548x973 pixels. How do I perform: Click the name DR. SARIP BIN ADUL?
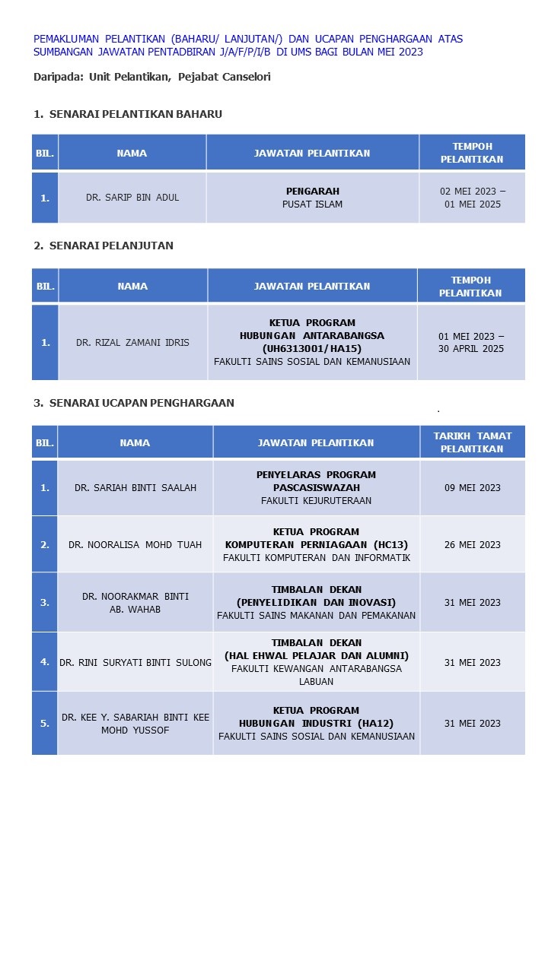[132, 198]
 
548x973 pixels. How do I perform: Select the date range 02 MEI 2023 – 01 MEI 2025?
[472, 198]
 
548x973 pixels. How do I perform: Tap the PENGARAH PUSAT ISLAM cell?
[312, 198]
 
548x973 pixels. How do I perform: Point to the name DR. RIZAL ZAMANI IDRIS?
[132, 343]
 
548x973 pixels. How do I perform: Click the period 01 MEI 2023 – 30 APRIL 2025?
[471, 343]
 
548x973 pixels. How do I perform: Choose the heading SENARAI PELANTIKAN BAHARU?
[128, 114]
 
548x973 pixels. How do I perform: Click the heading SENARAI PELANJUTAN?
[104, 246]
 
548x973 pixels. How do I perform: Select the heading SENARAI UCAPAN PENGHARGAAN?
[134, 403]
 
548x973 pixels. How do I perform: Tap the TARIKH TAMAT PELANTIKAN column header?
[473, 442]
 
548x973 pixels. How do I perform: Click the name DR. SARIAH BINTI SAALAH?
[135, 488]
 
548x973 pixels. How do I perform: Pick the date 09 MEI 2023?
[473, 488]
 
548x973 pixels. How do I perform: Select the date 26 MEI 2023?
[473, 544]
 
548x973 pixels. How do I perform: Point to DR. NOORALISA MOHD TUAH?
[135, 544]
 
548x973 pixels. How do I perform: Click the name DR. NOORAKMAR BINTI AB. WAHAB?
[135, 603]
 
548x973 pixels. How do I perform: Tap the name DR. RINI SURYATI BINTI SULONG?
[135, 663]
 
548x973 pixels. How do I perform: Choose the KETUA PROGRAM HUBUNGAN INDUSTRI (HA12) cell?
[317, 724]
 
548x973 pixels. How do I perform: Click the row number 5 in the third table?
[45, 724]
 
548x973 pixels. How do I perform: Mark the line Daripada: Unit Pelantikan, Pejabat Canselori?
[152, 77]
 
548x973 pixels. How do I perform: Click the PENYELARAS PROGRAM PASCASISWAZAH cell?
[317, 488]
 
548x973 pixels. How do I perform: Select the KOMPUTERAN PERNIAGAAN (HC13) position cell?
[317, 544]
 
